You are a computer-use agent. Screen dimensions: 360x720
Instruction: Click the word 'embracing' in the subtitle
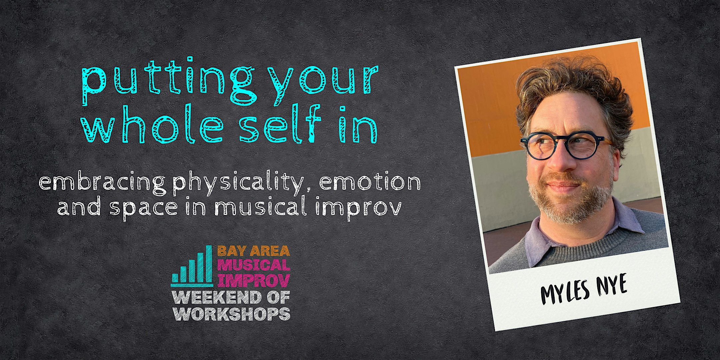coord(102,183)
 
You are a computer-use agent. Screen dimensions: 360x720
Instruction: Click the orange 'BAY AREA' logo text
coord(254,251)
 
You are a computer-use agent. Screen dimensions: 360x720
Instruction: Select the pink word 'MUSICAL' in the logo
coord(254,265)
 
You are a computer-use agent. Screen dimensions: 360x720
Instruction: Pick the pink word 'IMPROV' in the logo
coord(254,281)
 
